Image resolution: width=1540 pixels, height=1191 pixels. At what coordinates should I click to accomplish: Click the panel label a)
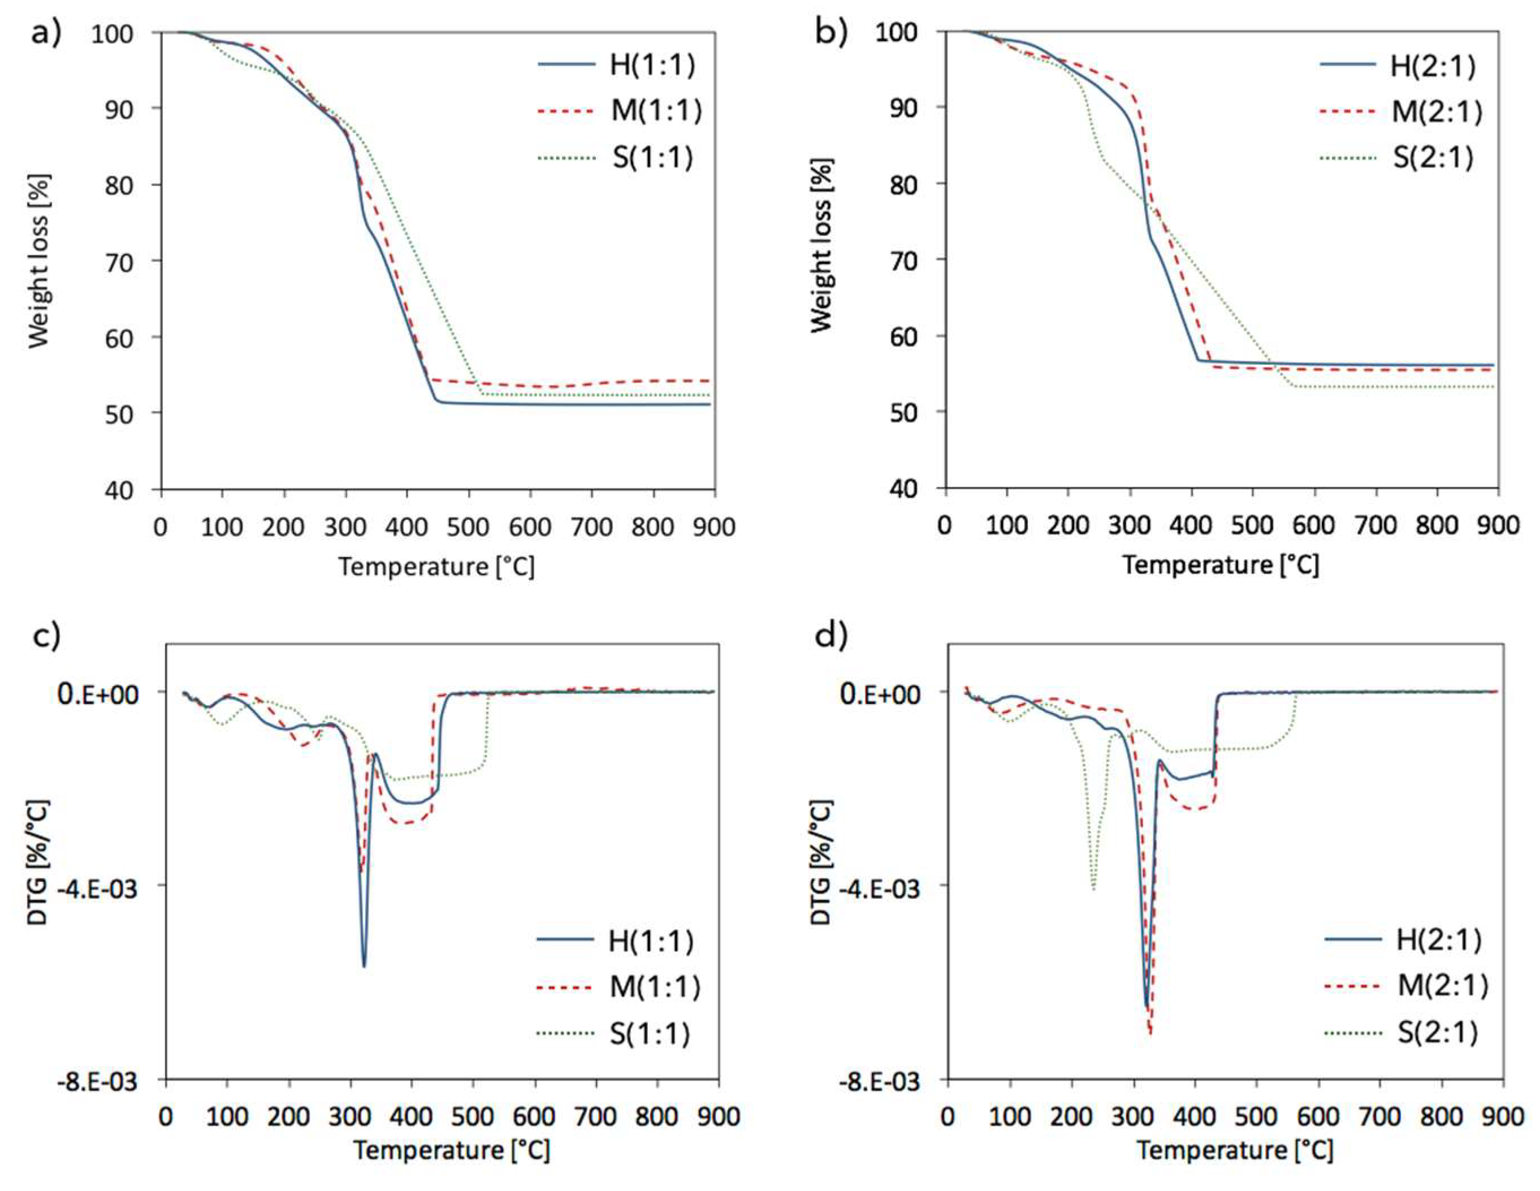(x=46, y=34)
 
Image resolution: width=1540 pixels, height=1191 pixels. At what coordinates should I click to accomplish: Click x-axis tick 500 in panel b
(x=1253, y=525)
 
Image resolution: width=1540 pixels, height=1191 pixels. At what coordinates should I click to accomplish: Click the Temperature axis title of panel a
(x=436, y=566)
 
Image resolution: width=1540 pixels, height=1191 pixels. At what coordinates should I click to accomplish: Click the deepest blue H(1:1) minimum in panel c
(x=364, y=965)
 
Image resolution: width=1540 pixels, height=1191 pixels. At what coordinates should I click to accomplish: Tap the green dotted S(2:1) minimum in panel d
(x=1093, y=888)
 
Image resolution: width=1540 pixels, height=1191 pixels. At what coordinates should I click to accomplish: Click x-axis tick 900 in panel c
(x=718, y=1117)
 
